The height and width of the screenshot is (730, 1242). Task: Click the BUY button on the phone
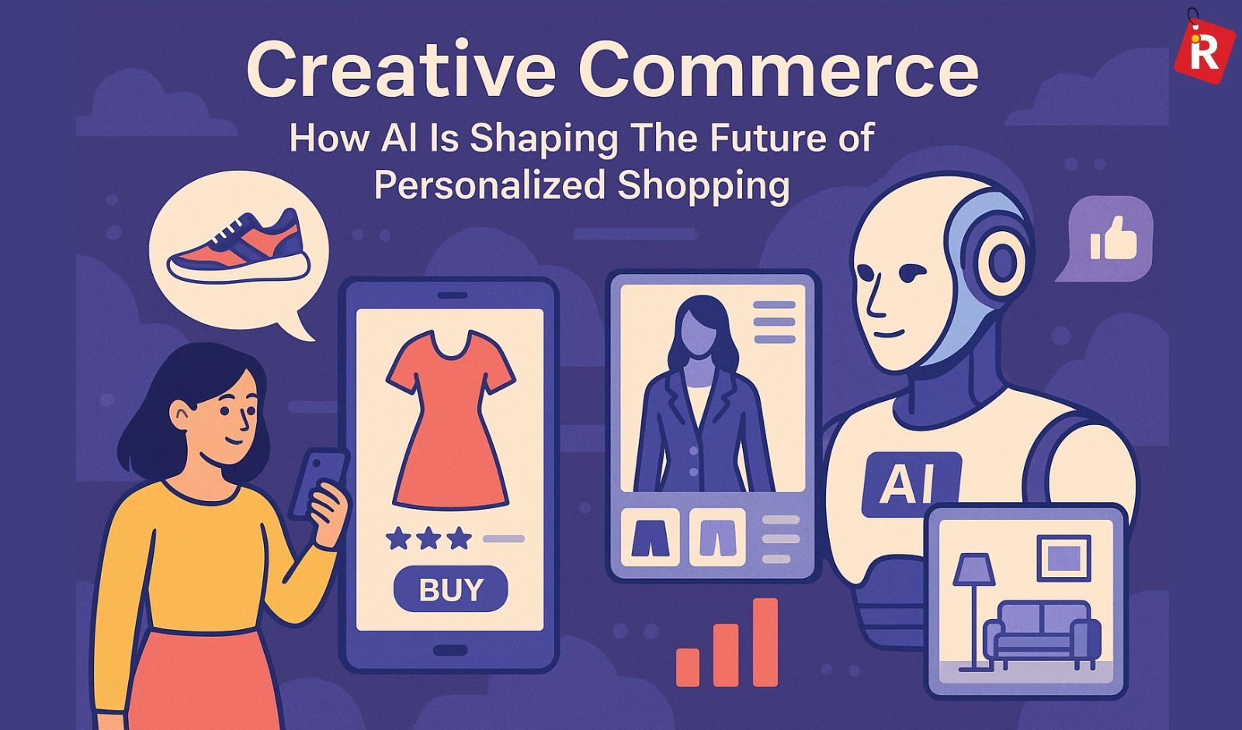450,590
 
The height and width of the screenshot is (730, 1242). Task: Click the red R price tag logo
1204,49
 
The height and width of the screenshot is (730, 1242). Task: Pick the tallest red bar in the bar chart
765,642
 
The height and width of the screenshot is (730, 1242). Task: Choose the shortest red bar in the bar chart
688,666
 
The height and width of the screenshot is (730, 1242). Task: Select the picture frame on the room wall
1063,557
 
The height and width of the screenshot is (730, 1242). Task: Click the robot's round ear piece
1001,260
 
